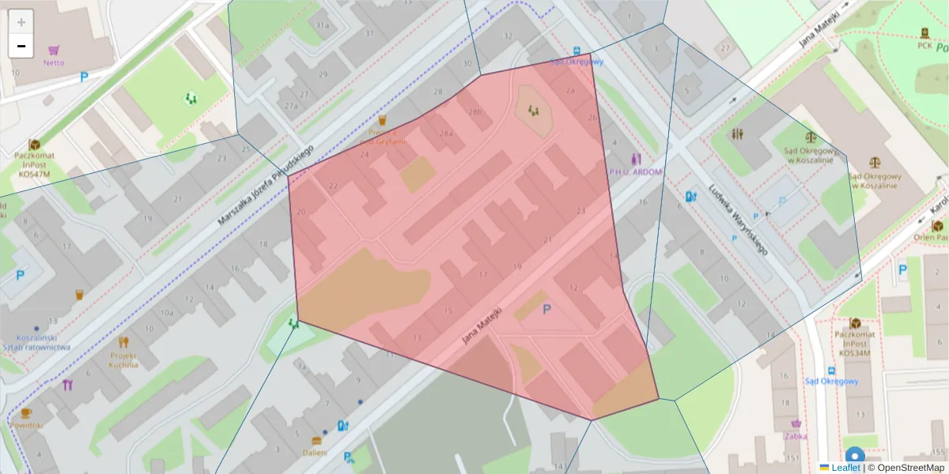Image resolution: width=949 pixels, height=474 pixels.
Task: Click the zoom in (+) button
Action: click(x=21, y=22)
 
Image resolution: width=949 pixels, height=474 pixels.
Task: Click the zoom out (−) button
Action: click(x=21, y=46)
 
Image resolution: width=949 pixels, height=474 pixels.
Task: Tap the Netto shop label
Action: click(x=54, y=62)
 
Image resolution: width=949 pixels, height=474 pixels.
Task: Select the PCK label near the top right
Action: click(x=924, y=45)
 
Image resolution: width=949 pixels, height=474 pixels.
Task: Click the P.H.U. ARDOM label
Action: click(x=634, y=171)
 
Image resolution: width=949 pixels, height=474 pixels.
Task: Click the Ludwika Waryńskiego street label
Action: click(x=739, y=220)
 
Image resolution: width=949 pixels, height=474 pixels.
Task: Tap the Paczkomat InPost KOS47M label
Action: click(x=33, y=164)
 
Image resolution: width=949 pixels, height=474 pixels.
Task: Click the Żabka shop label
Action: click(x=796, y=435)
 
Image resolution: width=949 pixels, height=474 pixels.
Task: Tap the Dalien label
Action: click(x=315, y=453)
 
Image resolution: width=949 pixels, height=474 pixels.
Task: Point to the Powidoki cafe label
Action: click(x=26, y=424)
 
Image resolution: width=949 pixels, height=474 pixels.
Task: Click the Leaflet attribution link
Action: click(x=845, y=468)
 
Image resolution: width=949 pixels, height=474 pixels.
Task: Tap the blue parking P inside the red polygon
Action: click(x=546, y=310)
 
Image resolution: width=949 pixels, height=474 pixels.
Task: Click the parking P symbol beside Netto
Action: click(x=84, y=77)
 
